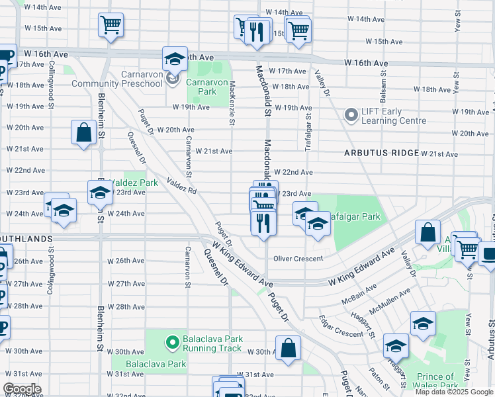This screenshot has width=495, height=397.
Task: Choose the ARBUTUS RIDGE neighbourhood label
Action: click(381, 153)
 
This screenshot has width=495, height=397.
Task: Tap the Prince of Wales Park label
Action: click(437, 381)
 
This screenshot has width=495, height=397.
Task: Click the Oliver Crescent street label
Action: click(298, 259)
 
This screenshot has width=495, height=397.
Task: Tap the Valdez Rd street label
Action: click(182, 185)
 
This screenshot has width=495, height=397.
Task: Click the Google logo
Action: click(22, 388)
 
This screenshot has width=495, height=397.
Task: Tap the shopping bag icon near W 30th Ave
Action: click(289, 349)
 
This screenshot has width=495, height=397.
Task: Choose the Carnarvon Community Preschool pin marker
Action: click(173, 79)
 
